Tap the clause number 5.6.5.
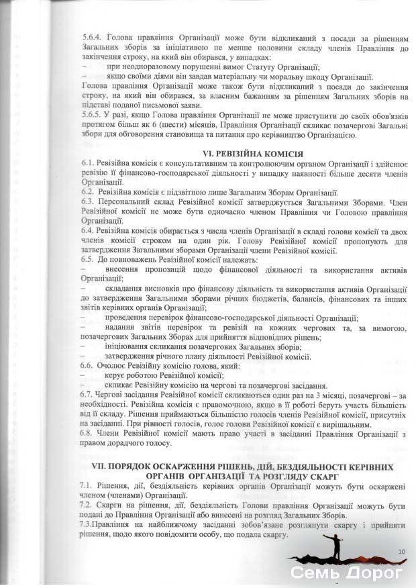coord(89,114)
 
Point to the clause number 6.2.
coord(87,191)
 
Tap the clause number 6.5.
coord(87,258)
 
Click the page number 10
coord(401,551)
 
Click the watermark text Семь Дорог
coord(346,573)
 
